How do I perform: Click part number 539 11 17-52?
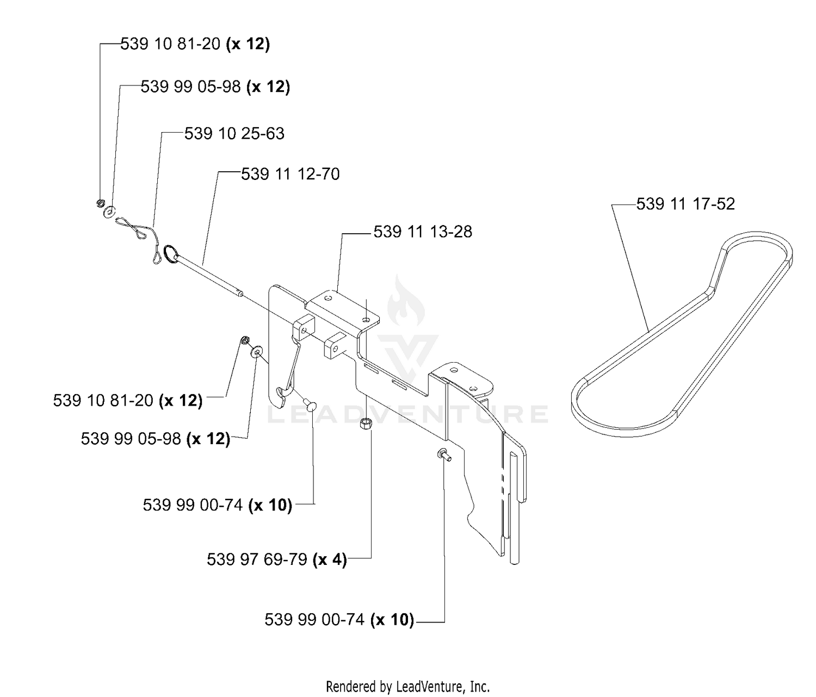[x=685, y=204]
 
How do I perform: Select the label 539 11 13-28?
[x=423, y=232]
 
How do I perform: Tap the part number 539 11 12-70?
[x=290, y=174]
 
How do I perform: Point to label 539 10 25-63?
[x=234, y=134]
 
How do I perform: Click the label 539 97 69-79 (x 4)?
[x=277, y=559]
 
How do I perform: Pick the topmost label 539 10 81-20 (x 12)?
[x=195, y=44]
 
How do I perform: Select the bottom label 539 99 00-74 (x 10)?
[x=339, y=619]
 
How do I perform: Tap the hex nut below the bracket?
[x=365, y=425]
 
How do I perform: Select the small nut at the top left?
[x=100, y=203]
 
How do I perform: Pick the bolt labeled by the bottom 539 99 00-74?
[x=444, y=455]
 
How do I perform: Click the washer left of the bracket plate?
[x=257, y=350]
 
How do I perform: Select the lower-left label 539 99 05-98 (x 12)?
[x=156, y=439]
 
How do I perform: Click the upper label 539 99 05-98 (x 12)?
[x=215, y=87]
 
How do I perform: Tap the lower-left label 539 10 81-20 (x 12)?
[x=128, y=400]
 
